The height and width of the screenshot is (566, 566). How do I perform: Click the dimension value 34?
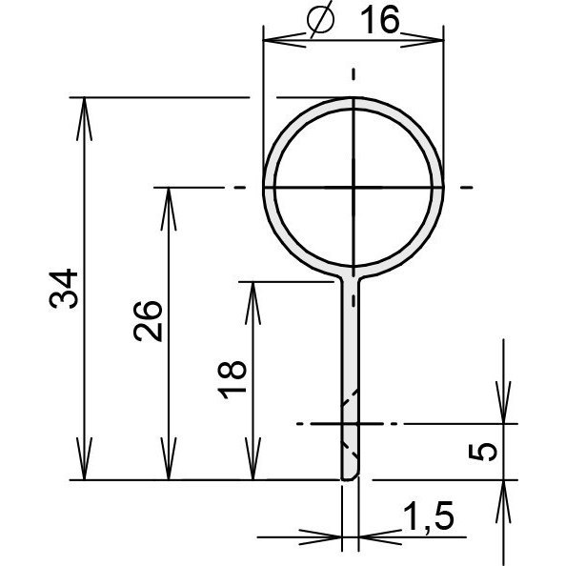[64, 289]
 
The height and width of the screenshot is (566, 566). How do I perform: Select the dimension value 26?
[148, 321]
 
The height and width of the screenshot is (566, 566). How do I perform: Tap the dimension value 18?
[232, 379]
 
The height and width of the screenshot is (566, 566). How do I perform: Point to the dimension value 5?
[482, 452]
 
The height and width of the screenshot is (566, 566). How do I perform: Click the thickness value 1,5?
[428, 516]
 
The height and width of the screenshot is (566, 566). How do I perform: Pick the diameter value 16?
[380, 20]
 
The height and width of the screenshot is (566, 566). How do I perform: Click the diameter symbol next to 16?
[320, 19]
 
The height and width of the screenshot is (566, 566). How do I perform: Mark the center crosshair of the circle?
[354, 188]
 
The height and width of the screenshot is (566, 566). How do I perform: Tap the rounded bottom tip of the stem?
[350, 478]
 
